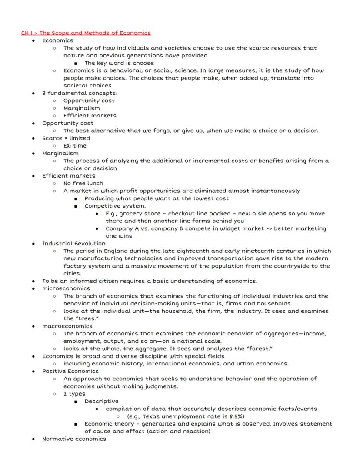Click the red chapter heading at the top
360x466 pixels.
86,33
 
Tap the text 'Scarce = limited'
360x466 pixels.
66,138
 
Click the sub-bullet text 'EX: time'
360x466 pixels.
75,146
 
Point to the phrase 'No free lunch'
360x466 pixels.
83,183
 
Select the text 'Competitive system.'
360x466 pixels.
115,206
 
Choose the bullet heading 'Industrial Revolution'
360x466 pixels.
74,244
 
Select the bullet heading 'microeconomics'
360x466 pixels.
66,288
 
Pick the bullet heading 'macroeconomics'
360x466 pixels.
67,326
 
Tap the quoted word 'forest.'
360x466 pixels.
260,349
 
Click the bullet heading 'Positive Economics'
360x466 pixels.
70,371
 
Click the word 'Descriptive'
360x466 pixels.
101,401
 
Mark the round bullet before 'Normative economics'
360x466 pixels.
33,439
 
